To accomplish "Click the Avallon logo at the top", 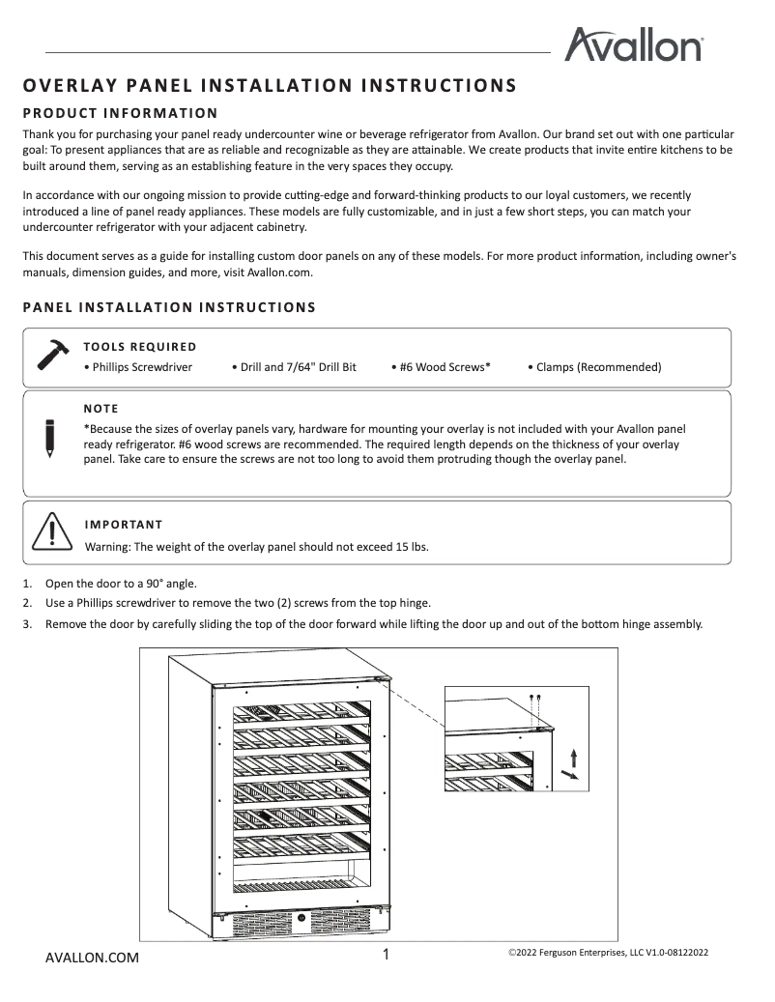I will [633, 45].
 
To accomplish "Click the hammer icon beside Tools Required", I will [52, 355].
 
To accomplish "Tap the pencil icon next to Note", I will [49, 438].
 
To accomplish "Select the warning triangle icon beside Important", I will [48, 532].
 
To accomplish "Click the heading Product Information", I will [120, 113].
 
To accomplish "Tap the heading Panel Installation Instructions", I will [169, 307].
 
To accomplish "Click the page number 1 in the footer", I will [387, 955].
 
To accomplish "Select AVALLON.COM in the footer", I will [93, 958].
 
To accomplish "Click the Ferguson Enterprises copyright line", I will [608, 953].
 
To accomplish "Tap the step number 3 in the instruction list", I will [27, 623].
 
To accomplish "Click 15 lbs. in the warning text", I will [412, 547].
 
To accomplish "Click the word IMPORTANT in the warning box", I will [124, 525].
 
